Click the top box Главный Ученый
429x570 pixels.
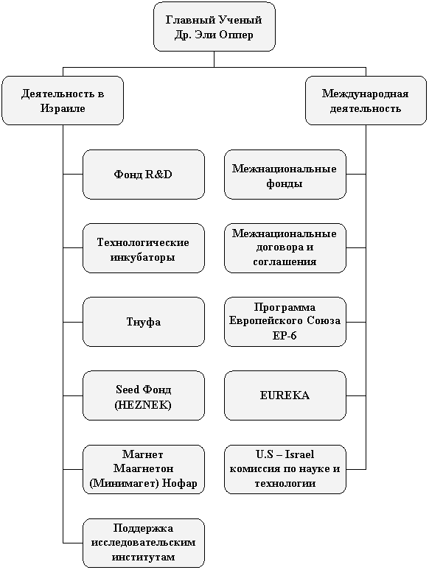point(214,27)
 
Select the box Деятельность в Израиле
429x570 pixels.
point(63,101)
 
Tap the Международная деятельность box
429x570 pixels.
point(366,101)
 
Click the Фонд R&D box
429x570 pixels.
point(143,175)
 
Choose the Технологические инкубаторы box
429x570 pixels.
point(143,248)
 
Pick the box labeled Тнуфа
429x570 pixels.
point(143,322)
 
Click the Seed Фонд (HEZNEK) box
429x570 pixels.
point(143,396)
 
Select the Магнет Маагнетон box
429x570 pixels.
point(143,469)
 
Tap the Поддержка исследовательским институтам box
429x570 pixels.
point(143,543)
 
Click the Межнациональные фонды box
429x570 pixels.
point(285,175)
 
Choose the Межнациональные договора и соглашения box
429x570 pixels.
point(285,248)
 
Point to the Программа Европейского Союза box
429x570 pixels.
point(285,322)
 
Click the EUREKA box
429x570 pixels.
point(285,396)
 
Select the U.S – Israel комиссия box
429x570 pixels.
point(285,469)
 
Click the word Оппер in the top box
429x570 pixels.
point(237,35)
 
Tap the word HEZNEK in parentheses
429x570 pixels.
point(143,404)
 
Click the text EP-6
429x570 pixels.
point(285,335)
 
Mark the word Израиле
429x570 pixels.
point(63,108)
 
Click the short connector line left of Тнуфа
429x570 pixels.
point(73,322)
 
